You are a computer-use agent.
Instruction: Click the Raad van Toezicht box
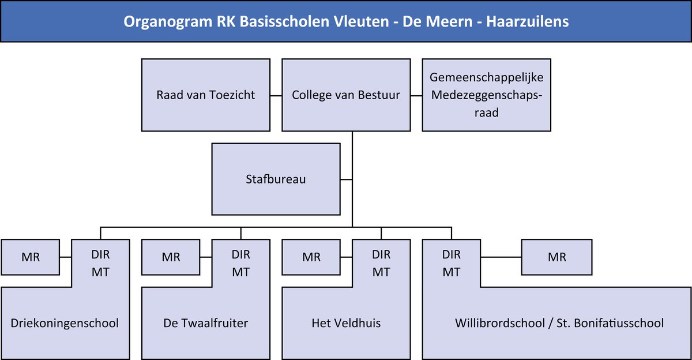tap(206, 95)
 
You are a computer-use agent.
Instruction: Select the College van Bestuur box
tap(346, 95)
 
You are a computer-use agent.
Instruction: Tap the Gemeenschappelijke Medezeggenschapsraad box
tap(487, 95)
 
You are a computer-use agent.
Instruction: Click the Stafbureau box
tap(276, 179)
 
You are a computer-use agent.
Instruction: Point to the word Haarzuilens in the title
tap(527, 21)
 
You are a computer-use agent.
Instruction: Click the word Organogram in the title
tap(168, 22)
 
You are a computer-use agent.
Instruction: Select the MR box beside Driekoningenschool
tap(30, 257)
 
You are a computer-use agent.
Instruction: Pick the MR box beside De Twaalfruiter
tap(171, 257)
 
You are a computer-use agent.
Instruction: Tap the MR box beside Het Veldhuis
tap(311, 257)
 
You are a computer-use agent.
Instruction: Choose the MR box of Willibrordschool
tap(556, 257)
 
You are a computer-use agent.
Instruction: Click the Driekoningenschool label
tap(65, 323)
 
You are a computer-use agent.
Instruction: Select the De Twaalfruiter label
tap(205, 323)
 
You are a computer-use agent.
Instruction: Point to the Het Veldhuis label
tap(346, 323)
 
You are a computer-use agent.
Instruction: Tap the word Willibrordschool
tap(500, 323)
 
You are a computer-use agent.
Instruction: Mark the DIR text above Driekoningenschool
tap(100, 254)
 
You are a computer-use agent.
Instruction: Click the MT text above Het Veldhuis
tap(381, 272)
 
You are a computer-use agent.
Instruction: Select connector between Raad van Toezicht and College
tap(276, 96)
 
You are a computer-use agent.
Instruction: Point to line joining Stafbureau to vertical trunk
tap(347, 179)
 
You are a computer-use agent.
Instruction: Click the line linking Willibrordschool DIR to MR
tap(501, 257)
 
